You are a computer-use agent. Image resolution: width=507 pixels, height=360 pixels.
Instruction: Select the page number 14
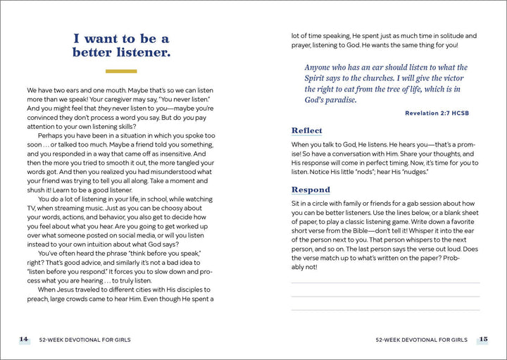[24, 340]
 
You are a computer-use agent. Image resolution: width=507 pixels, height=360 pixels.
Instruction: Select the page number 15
[483, 340]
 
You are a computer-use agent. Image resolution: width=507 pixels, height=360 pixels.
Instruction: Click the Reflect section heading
[306, 130]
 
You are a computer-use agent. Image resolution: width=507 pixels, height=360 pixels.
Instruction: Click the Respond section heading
[311, 190]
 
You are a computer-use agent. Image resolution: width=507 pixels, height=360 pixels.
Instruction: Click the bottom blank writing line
[385, 310]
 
